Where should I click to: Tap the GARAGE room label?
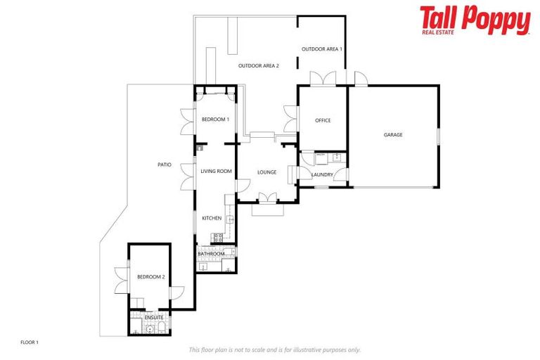point(393,134)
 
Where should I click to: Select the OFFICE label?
point(323,120)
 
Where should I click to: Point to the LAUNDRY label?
point(322,174)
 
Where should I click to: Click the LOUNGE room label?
point(266,172)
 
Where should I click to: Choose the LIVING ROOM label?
point(216,171)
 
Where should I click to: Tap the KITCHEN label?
point(212,218)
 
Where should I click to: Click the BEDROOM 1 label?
point(215,120)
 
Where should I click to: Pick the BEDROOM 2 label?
point(150,277)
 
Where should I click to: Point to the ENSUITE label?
point(154,317)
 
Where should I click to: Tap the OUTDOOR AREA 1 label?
point(321,49)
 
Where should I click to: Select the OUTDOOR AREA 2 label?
point(259,66)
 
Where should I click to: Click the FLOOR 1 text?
point(29,342)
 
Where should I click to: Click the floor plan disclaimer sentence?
point(274,349)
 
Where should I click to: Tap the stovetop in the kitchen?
point(217,239)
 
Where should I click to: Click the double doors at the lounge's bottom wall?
point(267,197)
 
